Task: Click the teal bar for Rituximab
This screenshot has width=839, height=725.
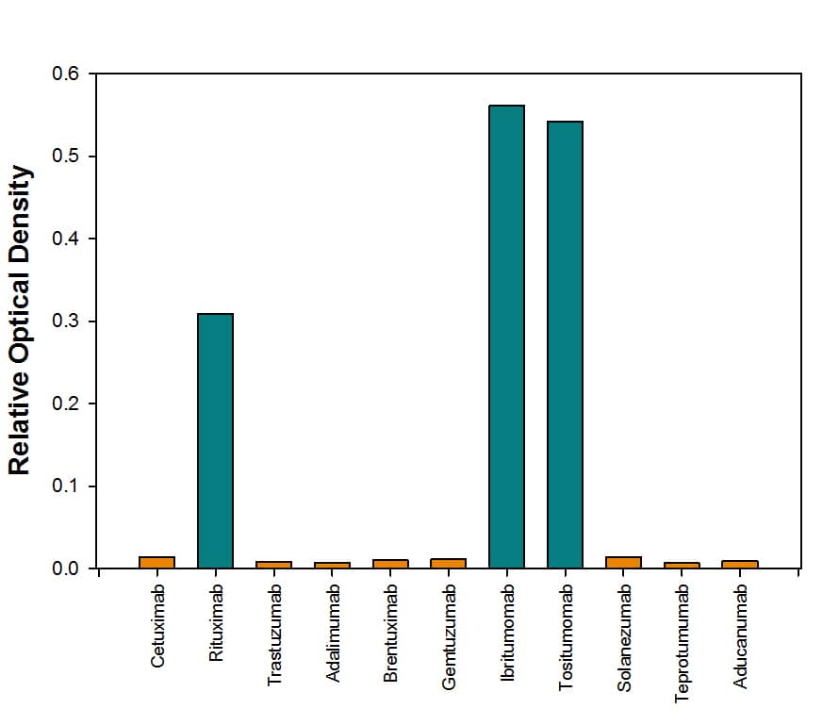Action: point(215,440)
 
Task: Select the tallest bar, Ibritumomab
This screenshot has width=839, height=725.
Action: point(506,337)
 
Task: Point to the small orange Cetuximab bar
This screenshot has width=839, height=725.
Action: point(156,562)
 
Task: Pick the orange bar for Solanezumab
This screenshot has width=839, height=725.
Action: point(623,562)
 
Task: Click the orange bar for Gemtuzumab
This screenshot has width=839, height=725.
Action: point(448,563)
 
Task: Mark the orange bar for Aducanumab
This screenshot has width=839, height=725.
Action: point(740,564)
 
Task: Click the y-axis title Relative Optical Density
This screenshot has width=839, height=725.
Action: point(21,321)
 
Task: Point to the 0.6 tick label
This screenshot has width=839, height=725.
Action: point(66,74)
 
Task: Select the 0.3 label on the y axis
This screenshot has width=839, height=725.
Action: point(66,321)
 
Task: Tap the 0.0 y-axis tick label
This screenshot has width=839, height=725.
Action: point(66,568)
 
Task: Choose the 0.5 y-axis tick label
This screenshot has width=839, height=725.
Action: point(66,157)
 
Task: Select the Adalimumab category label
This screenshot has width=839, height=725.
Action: point(333,633)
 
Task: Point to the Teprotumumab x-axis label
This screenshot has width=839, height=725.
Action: point(682,643)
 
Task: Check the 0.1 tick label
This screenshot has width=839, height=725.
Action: point(66,486)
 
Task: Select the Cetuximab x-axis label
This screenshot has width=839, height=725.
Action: point(157,627)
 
